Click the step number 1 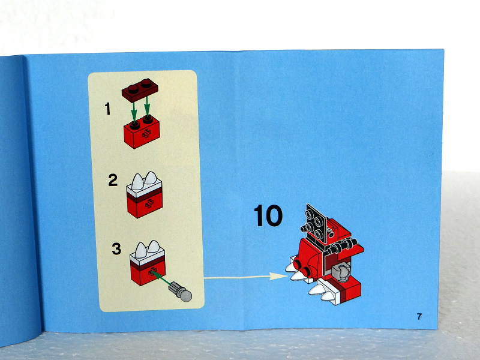coord(107,109)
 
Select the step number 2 coord(113,180)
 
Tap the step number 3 coord(116,249)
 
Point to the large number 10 coord(268,215)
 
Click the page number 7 coord(419,316)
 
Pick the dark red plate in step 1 coord(140,89)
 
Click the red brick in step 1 coord(142,132)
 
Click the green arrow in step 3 coord(160,278)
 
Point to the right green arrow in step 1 coord(147,107)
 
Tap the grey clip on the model coord(341,271)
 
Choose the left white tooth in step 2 coord(137,182)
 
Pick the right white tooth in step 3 coord(154,247)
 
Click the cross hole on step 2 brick coord(149,203)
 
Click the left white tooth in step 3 coord(141,250)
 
